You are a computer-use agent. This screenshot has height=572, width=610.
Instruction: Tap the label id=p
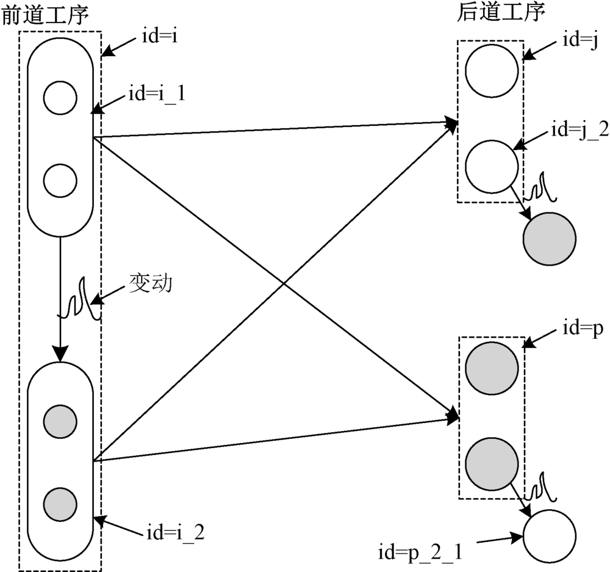click(x=579, y=329)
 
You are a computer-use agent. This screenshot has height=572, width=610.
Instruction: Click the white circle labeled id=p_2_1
click(x=550, y=537)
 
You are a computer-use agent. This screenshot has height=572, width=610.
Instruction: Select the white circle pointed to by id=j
click(x=492, y=71)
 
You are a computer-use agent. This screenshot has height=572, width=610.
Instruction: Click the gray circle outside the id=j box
click(x=550, y=239)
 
